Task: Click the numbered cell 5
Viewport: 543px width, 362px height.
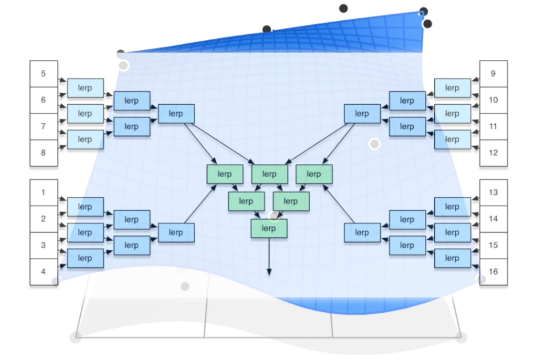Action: (x=44, y=74)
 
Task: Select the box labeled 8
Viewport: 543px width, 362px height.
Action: (x=44, y=153)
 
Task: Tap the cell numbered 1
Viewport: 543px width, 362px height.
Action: (x=44, y=193)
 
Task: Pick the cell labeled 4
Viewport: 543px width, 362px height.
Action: (x=44, y=272)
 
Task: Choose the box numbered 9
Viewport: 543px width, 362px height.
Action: (x=494, y=74)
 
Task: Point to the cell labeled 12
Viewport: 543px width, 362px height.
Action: (x=494, y=153)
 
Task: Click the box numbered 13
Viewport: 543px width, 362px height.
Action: (x=494, y=193)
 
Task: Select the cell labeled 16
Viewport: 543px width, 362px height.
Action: (x=494, y=272)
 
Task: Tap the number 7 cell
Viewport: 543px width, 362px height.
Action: (x=44, y=126)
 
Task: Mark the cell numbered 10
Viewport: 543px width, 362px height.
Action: (x=494, y=100)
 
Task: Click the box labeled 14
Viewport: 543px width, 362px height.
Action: (x=494, y=219)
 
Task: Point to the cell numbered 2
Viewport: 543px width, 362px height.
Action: (x=44, y=219)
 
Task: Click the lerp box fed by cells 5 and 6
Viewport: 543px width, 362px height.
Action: (x=85, y=88)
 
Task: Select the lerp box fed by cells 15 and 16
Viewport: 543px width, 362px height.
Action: (x=453, y=258)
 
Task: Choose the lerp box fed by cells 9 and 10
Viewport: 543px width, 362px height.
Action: (x=453, y=88)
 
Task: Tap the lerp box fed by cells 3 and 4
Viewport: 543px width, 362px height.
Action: (x=85, y=258)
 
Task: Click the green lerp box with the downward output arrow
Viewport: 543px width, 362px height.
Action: (x=269, y=228)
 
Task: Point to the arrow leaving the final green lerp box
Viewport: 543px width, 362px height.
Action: (x=269, y=257)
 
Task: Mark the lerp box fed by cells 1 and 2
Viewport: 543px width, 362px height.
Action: (x=85, y=207)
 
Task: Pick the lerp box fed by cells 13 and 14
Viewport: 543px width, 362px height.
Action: (x=453, y=207)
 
